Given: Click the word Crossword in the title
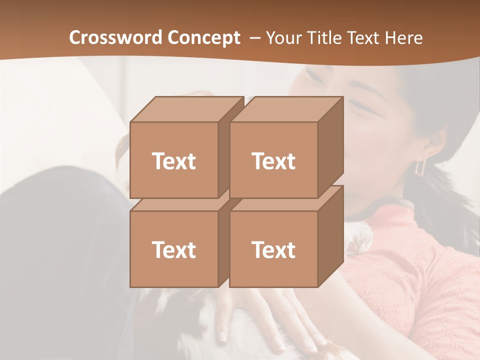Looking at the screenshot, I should pos(116,37).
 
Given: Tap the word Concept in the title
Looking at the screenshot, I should pos(203,37).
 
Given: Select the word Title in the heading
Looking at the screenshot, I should pos(325,37).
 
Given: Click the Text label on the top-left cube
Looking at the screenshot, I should pos(173,161).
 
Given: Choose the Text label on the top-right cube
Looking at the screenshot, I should pos(273,161).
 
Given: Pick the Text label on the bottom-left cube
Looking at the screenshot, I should pos(173,249).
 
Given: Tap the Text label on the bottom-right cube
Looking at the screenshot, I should pos(273,249).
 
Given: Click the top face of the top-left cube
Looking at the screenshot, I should pos(186,109).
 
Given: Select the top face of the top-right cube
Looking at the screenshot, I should pos(286,109).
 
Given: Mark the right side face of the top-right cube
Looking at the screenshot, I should pos(330,147).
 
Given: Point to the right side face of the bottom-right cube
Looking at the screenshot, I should pos(330,236).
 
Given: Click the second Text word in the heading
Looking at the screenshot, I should pos(365,37).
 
